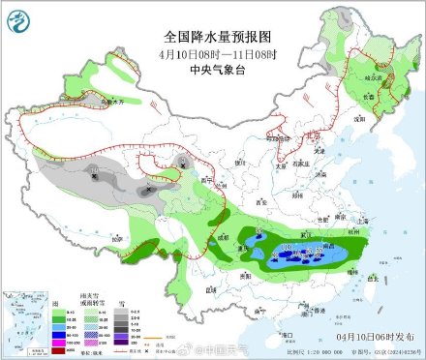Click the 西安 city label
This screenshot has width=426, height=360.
[x=259, y=203]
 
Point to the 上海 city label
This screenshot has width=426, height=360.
[x=363, y=221]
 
